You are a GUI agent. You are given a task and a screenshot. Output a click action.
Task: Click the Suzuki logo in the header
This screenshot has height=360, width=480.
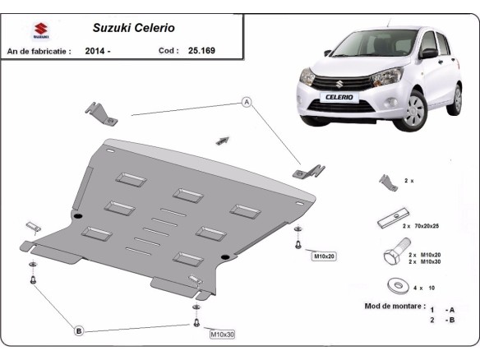[x=39, y=32]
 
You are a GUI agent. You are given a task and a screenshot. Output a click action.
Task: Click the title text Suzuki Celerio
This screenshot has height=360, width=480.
[x=132, y=26]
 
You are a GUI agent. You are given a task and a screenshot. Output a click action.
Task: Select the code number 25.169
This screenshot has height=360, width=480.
[x=201, y=50]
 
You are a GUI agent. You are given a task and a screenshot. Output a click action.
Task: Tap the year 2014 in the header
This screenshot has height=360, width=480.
[x=97, y=50]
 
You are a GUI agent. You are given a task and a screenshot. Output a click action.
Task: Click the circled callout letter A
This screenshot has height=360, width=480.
[x=245, y=102]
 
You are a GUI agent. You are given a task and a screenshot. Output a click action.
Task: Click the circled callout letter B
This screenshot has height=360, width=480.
[x=79, y=330]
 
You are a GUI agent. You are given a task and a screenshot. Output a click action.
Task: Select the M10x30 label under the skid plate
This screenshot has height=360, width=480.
[x=222, y=334]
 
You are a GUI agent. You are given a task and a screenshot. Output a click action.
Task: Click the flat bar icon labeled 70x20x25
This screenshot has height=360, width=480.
[x=389, y=220]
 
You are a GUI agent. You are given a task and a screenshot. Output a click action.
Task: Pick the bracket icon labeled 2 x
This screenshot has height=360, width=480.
[x=387, y=182]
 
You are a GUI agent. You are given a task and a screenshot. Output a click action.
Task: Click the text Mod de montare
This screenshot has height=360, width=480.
[x=392, y=306]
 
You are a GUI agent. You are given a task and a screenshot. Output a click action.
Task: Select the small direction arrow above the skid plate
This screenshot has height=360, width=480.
[x=222, y=141]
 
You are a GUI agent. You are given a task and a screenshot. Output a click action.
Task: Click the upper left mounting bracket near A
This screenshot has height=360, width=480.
[x=103, y=114]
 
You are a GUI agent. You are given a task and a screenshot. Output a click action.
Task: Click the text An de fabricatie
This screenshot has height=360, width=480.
[x=39, y=50]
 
